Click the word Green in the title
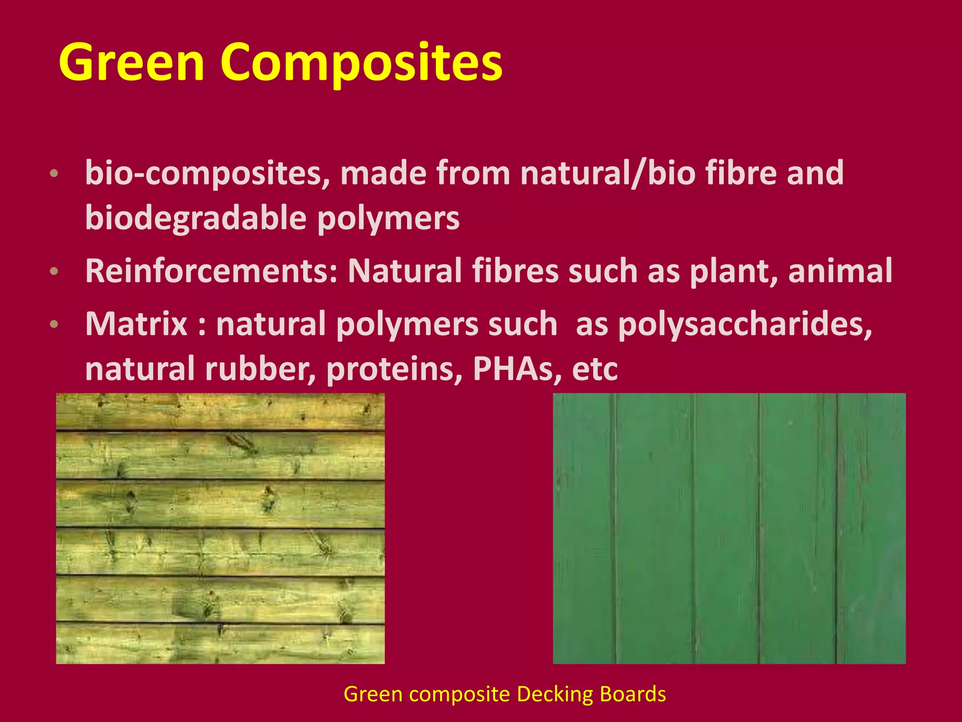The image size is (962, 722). pyautogui.click(x=132, y=62)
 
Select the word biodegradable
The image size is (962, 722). pyautogui.click(x=195, y=219)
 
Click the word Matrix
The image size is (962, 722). pyautogui.click(x=136, y=324)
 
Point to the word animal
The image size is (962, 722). pyautogui.click(x=840, y=271)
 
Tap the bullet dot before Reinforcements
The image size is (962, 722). pyautogui.click(x=54, y=271)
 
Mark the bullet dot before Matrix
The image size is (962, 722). pyautogui.click(x=54, y=324)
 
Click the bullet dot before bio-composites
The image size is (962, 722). pyautogui.click(x=54, y=173)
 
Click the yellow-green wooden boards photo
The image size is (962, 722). pyautogui.click(x=220, y=528)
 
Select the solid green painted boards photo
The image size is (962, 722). pyautogui.click(x=729, y=528)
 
